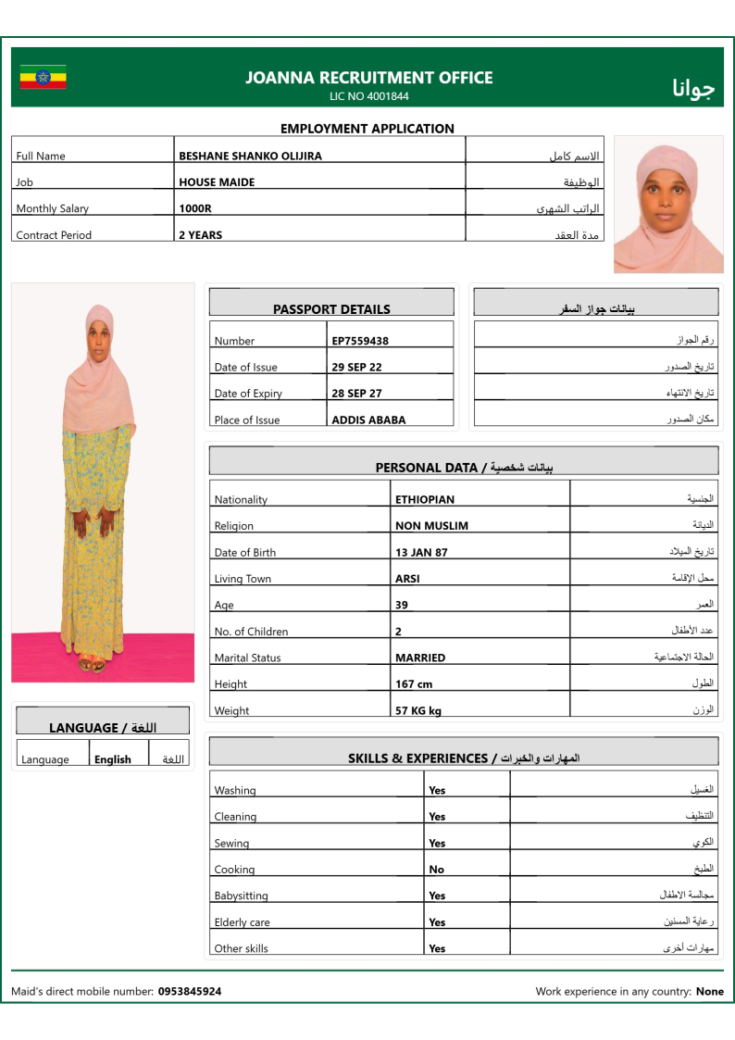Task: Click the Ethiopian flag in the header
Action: click(43, 77)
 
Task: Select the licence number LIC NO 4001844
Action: click(368, 96)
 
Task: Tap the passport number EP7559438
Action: click(360, 341)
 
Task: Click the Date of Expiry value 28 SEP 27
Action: click(356, 394)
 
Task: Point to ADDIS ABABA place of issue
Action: click(368, 420)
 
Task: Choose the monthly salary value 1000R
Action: click(195, 209)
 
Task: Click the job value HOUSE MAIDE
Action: click(217, 182)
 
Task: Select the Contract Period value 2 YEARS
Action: click(200, 235)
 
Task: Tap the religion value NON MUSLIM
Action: click(431, 526)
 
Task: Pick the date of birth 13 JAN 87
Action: click(421, 552)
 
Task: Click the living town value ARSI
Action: click(407, 579)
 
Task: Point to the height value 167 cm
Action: click(414, 684)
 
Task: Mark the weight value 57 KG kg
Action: click(418, 711)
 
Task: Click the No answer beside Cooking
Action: click(436, 870)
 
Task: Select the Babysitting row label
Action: click(241, 896)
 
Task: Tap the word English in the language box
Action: click(113, 759)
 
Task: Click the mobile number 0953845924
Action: click(190, 991)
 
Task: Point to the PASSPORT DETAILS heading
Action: click(331, 309)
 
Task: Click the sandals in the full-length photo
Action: click(91, 664)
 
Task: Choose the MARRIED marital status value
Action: click(420, 658)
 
